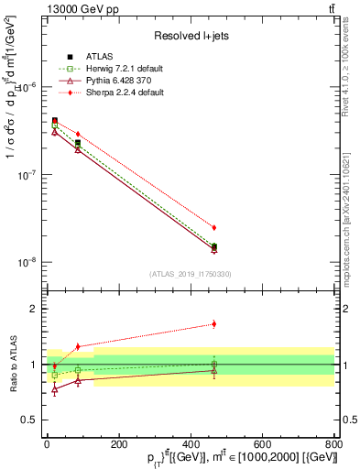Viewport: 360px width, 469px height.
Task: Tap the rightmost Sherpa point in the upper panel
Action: tap(214, 227)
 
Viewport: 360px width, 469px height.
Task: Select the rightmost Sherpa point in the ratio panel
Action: tap(214, 323)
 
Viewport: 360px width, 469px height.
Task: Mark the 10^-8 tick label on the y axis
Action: tap(27, 262)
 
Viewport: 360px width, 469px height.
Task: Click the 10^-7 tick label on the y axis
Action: tap(27, 175)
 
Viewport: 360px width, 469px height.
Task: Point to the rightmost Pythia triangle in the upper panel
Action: tap(214, 249)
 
